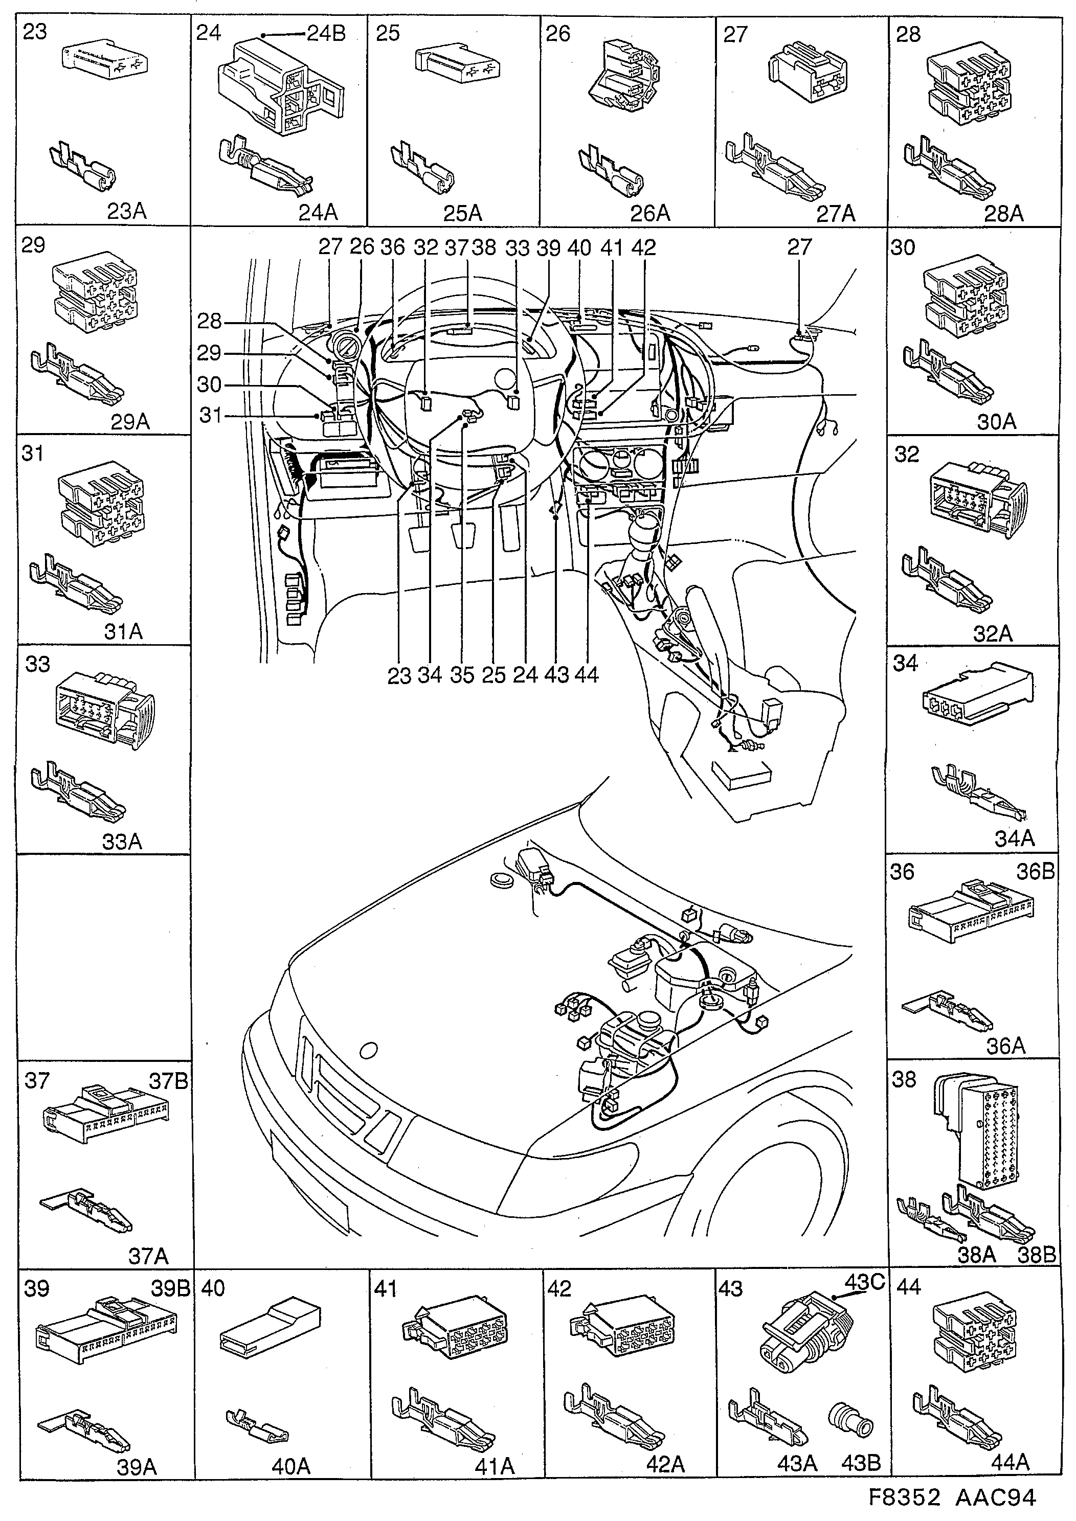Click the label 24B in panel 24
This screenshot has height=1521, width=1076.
pos(326,34)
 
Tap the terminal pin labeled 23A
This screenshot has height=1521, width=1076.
pos(83,167)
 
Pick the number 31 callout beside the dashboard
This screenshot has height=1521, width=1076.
pos(210,415)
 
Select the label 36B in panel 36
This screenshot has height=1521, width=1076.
pos(1035,872)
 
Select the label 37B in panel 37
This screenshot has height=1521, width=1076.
pos(168,1082)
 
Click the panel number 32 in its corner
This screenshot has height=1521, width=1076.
pos(906,455)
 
